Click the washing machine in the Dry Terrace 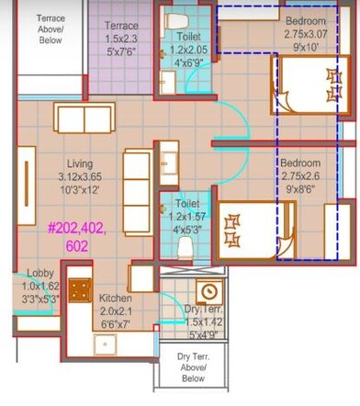click(208, 292)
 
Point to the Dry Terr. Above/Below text click(193, 367)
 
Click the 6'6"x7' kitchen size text click(117, 325)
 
